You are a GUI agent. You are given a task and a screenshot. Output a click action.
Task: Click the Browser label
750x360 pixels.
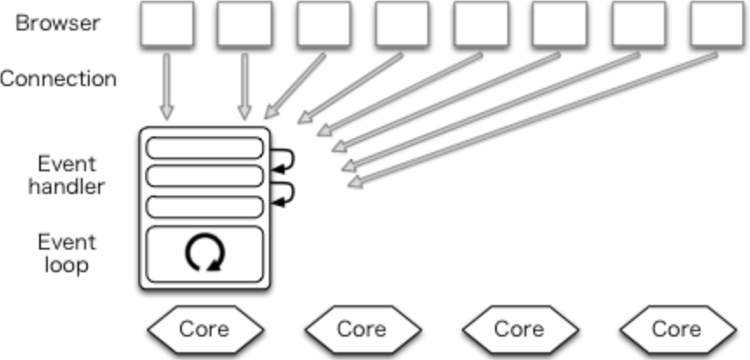[x=57, y=23]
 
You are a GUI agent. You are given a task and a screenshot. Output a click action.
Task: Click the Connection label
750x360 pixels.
[x=58, y=79]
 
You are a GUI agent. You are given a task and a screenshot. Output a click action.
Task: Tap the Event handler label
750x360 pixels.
[x=66, y=175]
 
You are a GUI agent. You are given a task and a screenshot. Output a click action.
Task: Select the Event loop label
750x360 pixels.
[x=66, y=253]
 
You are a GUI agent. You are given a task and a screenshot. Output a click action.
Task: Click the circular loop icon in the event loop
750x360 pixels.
[x=205, y=253]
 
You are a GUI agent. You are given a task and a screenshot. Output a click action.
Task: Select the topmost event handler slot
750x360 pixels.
[x=204, y=148]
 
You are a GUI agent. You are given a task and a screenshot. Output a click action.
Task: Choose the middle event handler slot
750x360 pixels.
[x=204, y=177]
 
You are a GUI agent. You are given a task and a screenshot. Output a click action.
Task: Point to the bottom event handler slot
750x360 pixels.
[x=204, y=206]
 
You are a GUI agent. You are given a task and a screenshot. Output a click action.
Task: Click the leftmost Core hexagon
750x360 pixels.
[x=204, y=329]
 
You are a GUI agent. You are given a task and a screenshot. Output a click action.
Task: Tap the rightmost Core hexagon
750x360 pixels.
[x=676, y=329]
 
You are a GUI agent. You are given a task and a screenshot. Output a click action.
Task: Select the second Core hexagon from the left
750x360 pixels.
[x=361, y=329]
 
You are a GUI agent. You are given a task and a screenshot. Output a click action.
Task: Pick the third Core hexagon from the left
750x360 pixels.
[x=519, y=329]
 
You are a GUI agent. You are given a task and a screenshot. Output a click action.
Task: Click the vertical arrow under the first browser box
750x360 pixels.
[x=166, y=85]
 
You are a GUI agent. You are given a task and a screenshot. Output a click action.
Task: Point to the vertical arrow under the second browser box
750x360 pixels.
[x=244, y=85]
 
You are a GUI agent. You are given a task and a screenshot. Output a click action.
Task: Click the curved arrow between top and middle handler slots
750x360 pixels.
[x=285, y=159]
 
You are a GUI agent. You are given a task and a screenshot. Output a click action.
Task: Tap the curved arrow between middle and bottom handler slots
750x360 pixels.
[x=285, y=192]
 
